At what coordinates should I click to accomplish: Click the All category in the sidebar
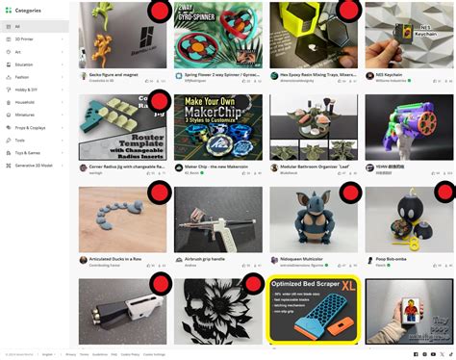click(x=16, y=26)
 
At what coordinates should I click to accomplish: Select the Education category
click(x=23, y=64)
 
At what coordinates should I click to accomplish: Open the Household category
click(x=24, y=102)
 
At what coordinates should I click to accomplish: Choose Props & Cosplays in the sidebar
click(x=30, y=127)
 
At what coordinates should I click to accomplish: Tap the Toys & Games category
click(x=27, y=152)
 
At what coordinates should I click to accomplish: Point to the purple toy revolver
click(x=414, y=124)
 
